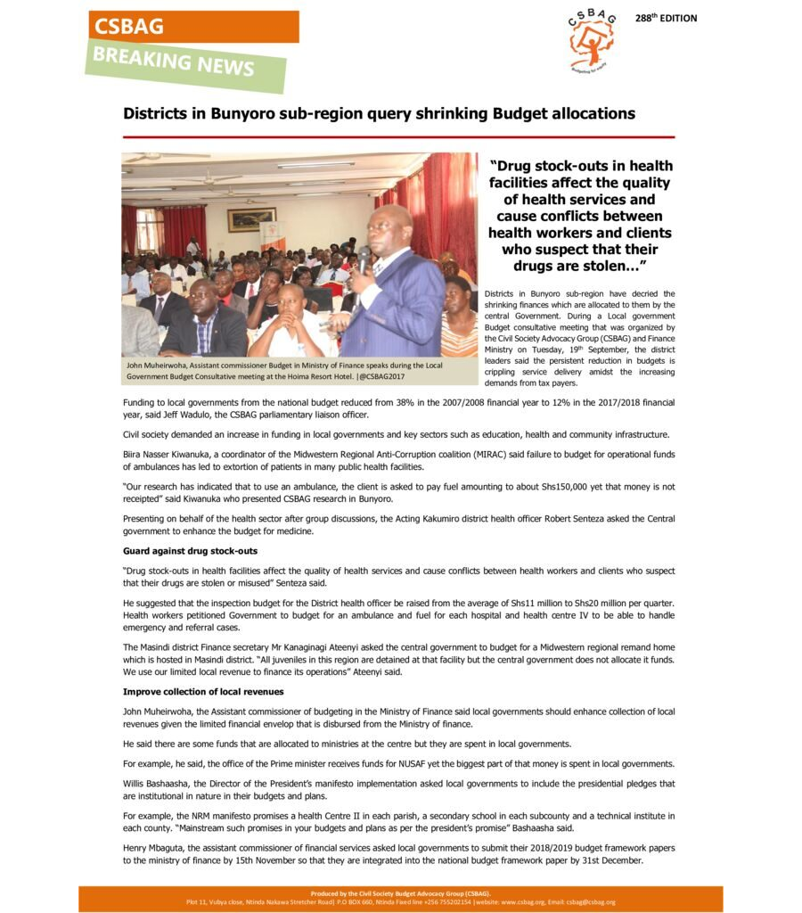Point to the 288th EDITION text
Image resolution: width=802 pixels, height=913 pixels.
pyautogui.click(x=666, y=19)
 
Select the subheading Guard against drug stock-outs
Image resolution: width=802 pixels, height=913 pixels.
pyautogui.click(x=190, y=551)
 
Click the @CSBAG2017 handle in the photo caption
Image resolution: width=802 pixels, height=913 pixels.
pyautogui.click(x=392, y=376)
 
